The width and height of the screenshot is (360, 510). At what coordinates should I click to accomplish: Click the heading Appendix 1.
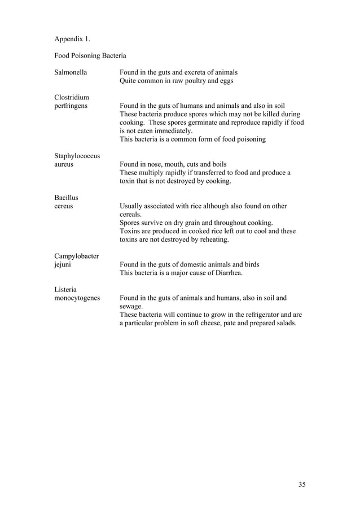point(72,39)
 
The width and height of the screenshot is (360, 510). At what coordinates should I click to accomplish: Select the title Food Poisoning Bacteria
point(90,55)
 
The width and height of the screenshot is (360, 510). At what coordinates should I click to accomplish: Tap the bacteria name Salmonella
point(72,72)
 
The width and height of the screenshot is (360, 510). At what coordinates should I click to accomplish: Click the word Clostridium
point(72,97)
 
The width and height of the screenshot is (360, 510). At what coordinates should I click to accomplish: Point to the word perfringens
point(71,105)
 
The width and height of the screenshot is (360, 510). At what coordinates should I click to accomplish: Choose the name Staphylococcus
point(78,155)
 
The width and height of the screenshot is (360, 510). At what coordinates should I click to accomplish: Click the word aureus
point(64,164)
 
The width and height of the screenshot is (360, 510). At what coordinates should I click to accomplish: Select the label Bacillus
point(66,198)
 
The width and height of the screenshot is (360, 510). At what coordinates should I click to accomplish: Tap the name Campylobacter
point(77,256)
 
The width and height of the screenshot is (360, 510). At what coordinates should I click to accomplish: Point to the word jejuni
point(63,264)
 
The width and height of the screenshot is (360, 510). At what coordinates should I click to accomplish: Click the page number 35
point(301,485)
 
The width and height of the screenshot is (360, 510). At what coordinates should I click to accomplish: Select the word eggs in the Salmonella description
point(225,81)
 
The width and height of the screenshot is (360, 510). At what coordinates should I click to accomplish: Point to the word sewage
point(131,306)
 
